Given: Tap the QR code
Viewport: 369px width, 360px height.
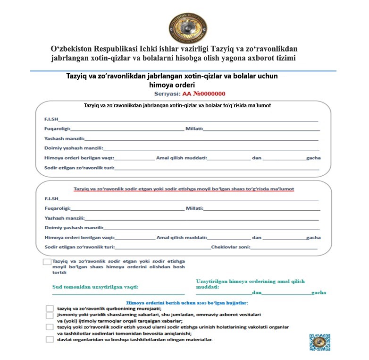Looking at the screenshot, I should (x=319, y=342).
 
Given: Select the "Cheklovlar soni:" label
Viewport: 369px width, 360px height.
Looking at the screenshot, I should (x=230, y=247).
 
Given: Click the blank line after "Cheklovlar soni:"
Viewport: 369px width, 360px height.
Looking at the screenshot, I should (x=284, y=248).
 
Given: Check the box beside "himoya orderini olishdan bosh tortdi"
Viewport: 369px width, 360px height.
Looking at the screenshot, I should (x=47, y=262).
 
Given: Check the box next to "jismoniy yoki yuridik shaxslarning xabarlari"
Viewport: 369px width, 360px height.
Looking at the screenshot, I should (x=50, y=315).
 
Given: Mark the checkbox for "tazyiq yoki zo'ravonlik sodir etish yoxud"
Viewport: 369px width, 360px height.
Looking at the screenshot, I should (x=50, y=327).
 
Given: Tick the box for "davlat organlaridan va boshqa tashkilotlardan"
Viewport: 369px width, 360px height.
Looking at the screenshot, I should (x=50, y=339).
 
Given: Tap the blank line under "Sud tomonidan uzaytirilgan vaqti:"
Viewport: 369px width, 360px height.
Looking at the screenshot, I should (x=118, y=294).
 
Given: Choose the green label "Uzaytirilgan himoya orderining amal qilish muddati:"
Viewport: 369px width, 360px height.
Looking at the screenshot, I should (x=250, y=283).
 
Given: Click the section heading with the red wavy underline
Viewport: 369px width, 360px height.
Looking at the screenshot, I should (x=184, y=189).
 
